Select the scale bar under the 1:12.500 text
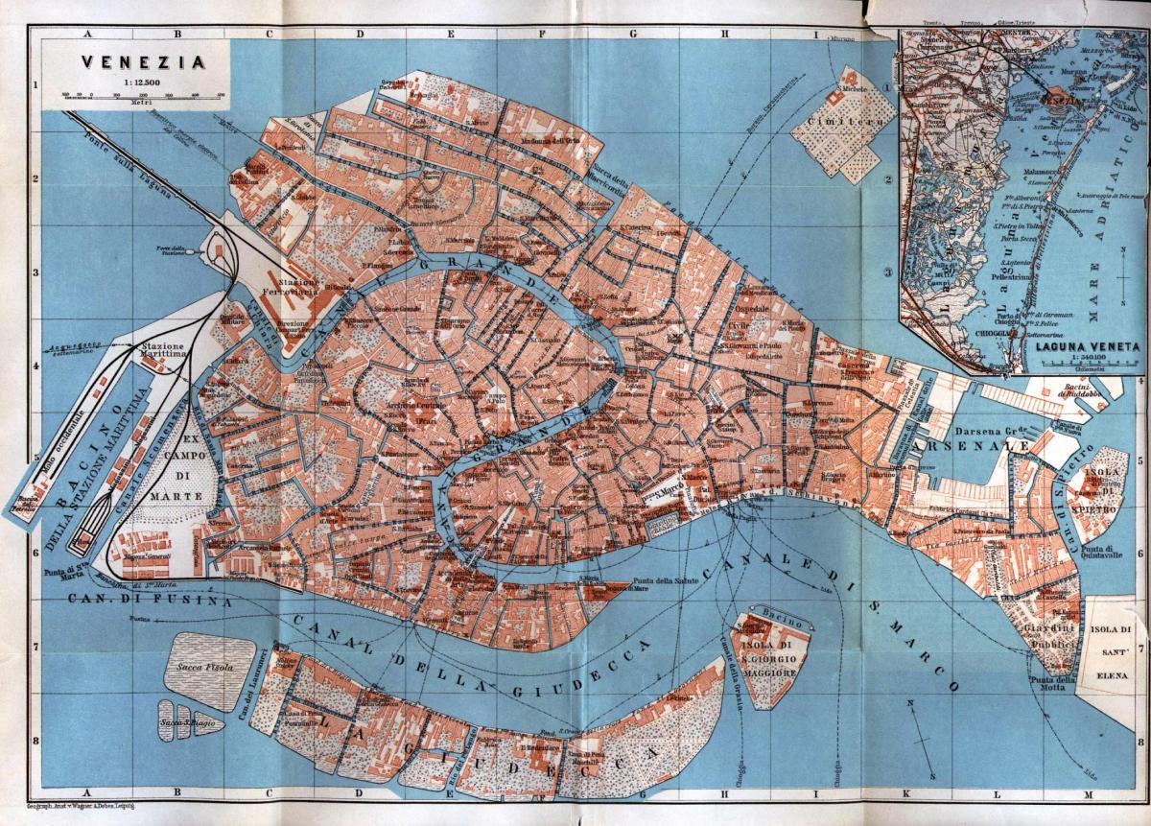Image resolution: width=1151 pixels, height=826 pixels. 142,94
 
